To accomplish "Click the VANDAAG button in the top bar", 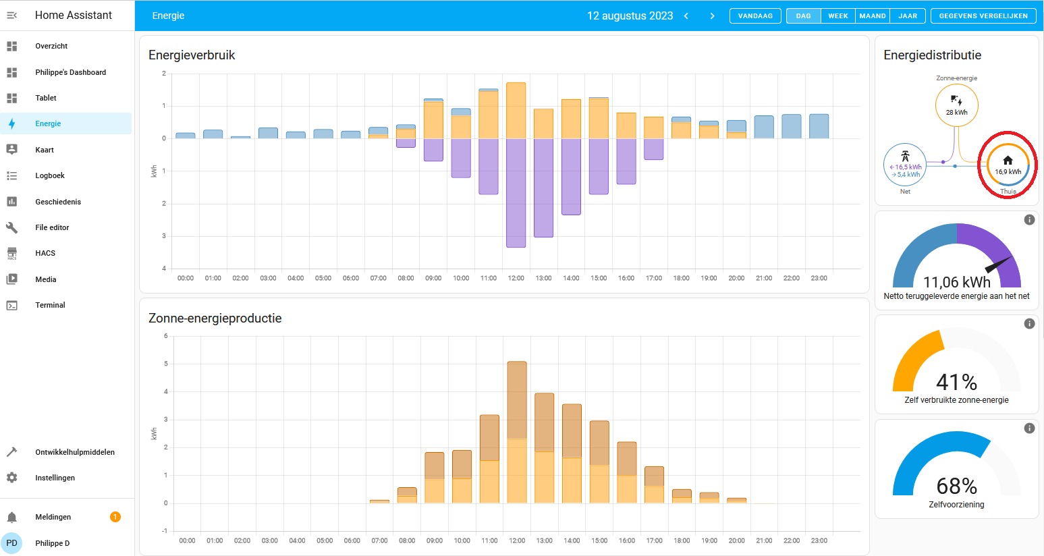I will pos(755,16).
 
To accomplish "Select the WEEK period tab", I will pos(837,16).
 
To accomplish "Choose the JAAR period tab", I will pos(907,16).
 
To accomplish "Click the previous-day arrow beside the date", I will pos(686,16).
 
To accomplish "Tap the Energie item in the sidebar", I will pos(48,123).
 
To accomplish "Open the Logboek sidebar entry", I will pos(50,175).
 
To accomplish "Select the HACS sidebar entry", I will pos(45,253).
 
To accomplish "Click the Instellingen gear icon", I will pos(12,478).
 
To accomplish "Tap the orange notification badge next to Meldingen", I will pos(115,517).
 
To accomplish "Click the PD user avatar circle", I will pos(12,543).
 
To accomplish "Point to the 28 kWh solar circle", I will pos(956,105).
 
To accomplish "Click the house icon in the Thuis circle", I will pos(1008,161).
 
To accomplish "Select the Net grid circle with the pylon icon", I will pos(905,165).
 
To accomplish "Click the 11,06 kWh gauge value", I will pos(956,282).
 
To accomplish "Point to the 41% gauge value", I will pos(956,383).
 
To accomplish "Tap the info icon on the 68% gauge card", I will pos(1029,428).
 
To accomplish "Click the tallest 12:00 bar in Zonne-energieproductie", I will pos(517,432).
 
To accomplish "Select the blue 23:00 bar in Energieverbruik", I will pos(819,126).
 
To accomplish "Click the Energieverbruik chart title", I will pos(192,55).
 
